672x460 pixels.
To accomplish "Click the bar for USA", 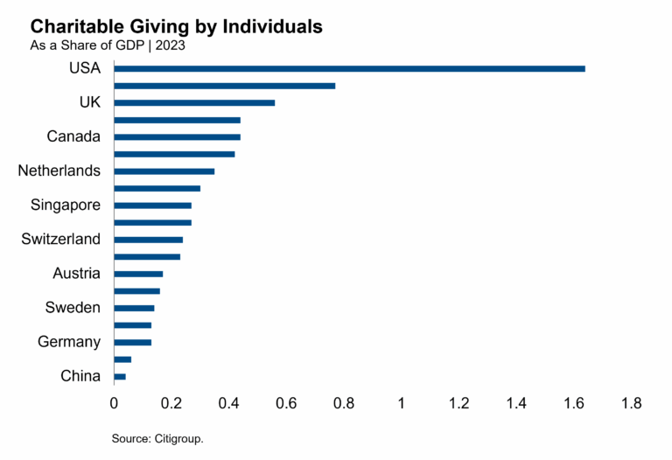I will coord(349,68).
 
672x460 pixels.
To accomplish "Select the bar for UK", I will coord(194,102).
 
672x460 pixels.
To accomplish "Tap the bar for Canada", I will coord(177,136).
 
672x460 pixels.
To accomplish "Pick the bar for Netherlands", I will coord(164,171).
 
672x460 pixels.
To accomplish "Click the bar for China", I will coord(120,376).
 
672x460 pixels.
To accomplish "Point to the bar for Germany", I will coord(132,342).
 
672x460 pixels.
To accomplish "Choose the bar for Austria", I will coord(138,274).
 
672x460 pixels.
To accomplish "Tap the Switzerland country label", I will coord(61,239).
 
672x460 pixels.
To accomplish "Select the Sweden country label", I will coord(73,308).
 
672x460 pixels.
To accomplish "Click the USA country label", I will coord(84,68).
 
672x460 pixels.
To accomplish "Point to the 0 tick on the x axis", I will coord(114,404).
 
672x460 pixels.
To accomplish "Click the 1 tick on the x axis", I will coord(402,404).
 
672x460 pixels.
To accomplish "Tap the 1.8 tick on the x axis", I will coord(631,404).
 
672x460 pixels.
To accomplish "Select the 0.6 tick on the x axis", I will coord(286,404).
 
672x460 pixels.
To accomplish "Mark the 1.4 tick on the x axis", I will coord(516,404).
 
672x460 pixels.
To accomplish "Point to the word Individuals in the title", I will coord(272,27).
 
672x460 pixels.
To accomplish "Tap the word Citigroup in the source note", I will coord(179,438).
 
